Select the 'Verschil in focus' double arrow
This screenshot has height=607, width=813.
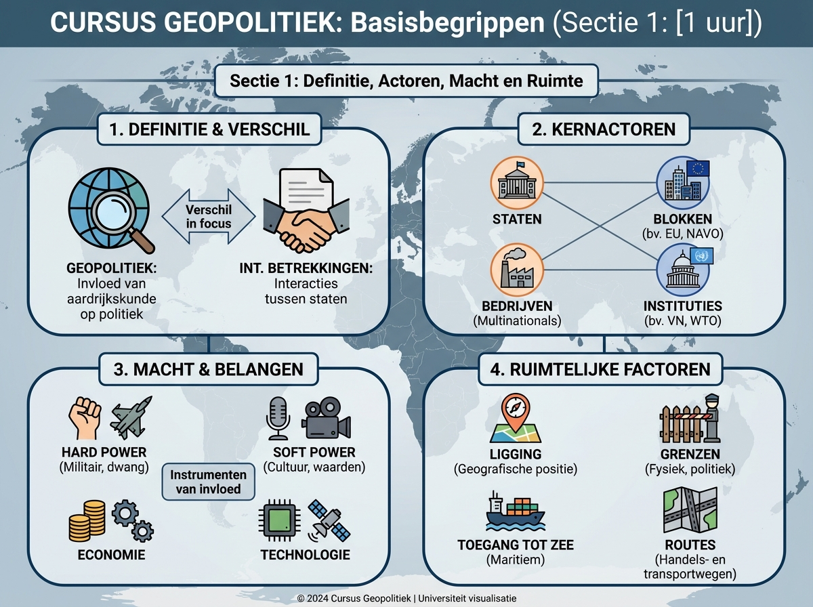[209, 217]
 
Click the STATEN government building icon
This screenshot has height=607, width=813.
[517, 184]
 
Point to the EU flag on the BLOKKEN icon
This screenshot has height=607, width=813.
[697, 169]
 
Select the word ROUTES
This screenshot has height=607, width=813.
[690, 545]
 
